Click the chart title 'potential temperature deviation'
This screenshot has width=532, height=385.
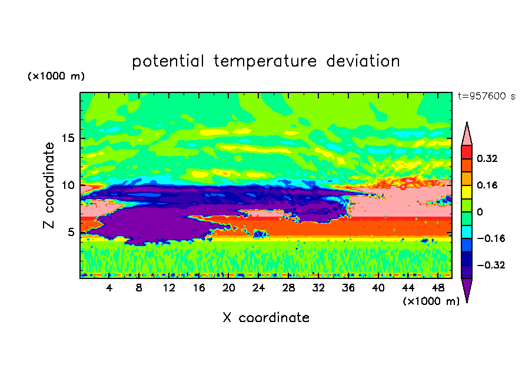[x=265, y=61]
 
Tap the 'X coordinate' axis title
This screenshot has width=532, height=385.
[x=265, y=318]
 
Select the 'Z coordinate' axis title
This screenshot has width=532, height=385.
[x=49, y=185]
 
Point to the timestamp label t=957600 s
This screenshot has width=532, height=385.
[x=486, y=97]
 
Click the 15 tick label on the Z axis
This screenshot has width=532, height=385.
[x=68, y=139]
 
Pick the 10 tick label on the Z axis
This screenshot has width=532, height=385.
[x=68, y=185]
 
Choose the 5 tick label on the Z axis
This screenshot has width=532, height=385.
[x=71, y=232]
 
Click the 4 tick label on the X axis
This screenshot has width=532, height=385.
[x=109, y=288]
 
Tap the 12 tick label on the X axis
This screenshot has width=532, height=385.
[x=169, y=288]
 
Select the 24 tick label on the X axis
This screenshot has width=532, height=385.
[x=259, y=288]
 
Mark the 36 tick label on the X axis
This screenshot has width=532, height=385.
[x=348, y=288]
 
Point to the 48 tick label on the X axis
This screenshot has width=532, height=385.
[x=438, y=288]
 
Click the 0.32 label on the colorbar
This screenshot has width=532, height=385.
[x=488, y=158]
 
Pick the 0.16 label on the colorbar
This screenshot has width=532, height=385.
[x=488, y=185]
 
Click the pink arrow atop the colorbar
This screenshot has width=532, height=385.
[x=467, y=134]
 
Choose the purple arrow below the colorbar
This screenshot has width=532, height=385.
[x=467, y=289]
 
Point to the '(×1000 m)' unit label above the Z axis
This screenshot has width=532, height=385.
[x=56, y=77]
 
